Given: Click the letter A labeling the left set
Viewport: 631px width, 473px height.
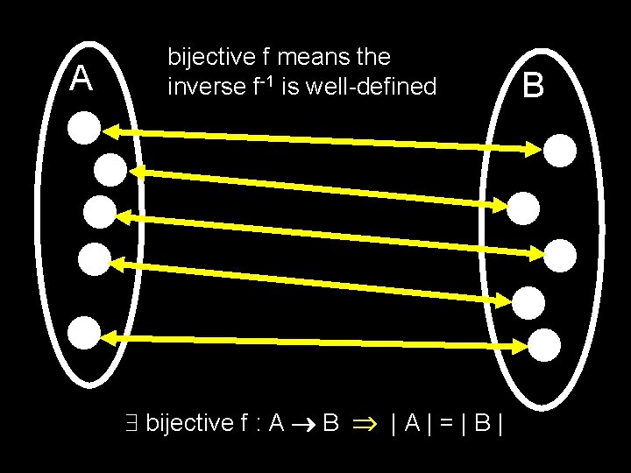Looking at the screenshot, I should (82, 79).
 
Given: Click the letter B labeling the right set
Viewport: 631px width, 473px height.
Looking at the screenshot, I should (533, 86).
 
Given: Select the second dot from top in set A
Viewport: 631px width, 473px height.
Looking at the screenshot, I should (111, 169).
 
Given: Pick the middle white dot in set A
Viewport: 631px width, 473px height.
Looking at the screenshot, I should (99, 211).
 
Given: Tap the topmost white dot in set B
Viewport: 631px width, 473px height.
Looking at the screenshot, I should (562, 150).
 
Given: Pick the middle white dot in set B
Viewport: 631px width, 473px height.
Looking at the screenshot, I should (561, 255).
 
